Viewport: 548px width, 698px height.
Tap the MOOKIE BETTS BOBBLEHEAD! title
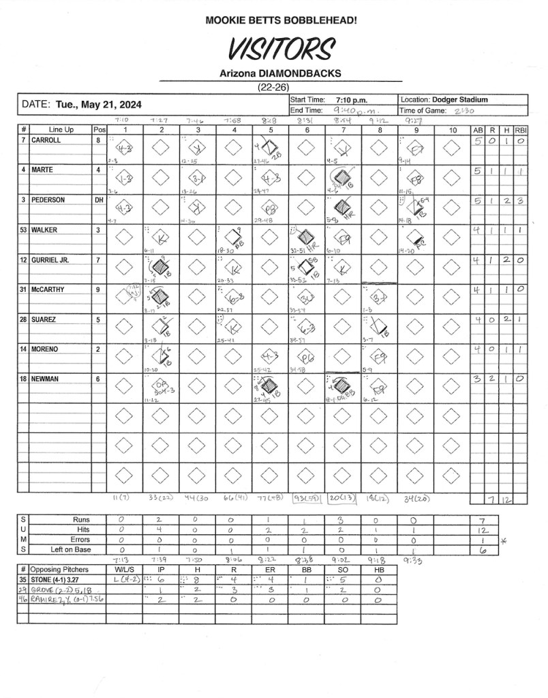(x=281, y=21)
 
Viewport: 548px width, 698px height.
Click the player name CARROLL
(x=46, y=140)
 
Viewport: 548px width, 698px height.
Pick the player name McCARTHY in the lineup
(x=49, y=290)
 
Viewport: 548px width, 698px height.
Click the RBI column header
(x=521, y=130)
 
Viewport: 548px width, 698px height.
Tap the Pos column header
(x=99, y=130)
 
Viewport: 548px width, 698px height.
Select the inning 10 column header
(x=453, y=130)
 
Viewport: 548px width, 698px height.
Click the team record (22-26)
(x=280, y=87)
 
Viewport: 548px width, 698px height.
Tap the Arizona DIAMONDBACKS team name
(x=280, y=74)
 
